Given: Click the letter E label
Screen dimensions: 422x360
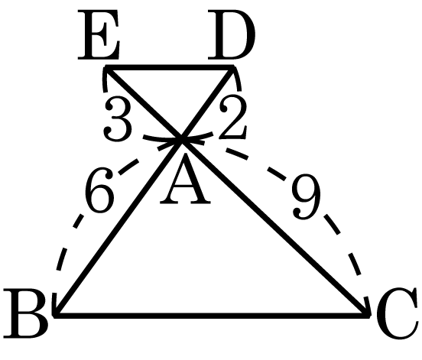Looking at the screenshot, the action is (99, 34).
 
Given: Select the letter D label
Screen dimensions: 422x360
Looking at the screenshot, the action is (232, 34).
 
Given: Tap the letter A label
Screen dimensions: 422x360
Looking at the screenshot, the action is (185, 180).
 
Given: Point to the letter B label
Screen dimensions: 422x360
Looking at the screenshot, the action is (25, 313).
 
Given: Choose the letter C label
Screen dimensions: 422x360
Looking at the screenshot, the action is (398, 313).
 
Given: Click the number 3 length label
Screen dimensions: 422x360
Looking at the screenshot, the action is (118, 119).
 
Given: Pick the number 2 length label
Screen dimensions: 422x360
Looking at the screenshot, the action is (232, 118).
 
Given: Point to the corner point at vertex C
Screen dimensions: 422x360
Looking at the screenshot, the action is (368, 315).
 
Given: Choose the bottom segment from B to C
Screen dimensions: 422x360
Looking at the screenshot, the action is (213, 315).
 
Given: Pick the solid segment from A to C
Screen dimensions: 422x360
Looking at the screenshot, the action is (274, 227).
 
